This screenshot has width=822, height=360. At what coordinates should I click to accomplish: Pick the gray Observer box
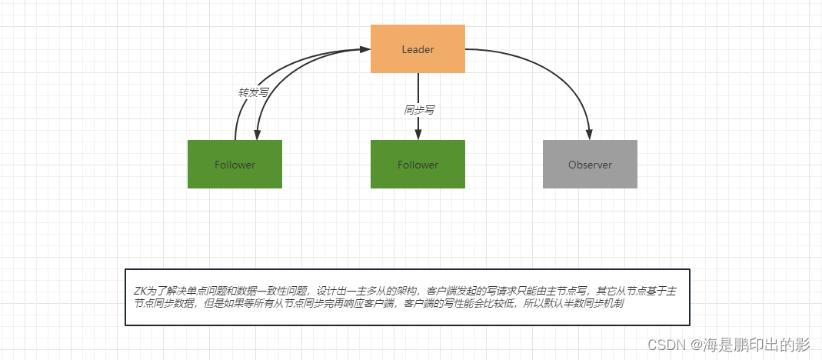(x=590, y=164)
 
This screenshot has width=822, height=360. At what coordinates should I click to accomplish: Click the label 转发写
(x=253, y=92)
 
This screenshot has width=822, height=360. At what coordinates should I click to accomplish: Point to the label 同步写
(x=419, y=110)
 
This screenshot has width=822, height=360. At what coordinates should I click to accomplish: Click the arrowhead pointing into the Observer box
(x=590, y=135)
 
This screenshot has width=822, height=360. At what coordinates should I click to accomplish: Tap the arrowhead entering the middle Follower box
(x=418, y=135)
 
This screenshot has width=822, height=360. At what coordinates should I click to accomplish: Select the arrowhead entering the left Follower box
(x=255, y=135)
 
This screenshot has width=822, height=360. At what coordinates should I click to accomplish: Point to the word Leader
(x=418, y=49)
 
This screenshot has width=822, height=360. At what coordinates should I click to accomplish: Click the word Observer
(x=590, y=165)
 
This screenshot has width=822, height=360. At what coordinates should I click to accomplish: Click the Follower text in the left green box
(x=235, y=165)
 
